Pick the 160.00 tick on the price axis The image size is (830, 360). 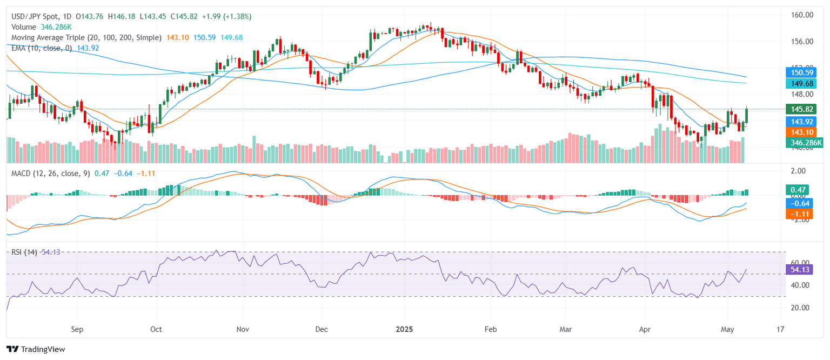[x=802, y=15]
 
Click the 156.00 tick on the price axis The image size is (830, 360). [x=802, y=42]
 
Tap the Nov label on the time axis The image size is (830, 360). [x=243, y=329]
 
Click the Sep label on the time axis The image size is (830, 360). [x=77, y=329]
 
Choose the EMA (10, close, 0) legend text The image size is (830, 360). [x=43, y=48]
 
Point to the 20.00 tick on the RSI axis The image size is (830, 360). [x=799, y=308]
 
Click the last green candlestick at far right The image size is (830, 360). [x=747, y=115]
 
